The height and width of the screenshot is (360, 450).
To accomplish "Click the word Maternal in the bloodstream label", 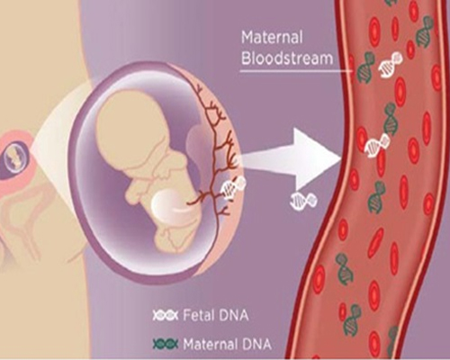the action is (272, 38).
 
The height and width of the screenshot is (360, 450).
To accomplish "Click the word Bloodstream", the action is (287, 58).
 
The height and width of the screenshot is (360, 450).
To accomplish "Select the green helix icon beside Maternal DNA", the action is (166, 343).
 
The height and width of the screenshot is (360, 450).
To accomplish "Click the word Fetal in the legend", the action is (199, 316).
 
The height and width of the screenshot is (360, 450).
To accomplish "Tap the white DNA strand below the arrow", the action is (303, 200).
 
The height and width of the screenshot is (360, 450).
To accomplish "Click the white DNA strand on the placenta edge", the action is (233, 187).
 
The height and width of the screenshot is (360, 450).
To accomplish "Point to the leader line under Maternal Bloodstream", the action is (296, 71).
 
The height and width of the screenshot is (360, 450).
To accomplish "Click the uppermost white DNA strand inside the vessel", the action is (391, 65).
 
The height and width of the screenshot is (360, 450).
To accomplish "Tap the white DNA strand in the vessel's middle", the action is (377, 145).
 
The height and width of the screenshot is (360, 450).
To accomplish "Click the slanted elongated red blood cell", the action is (376, 242).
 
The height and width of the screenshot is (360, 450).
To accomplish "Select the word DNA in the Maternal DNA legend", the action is (256, 343).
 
